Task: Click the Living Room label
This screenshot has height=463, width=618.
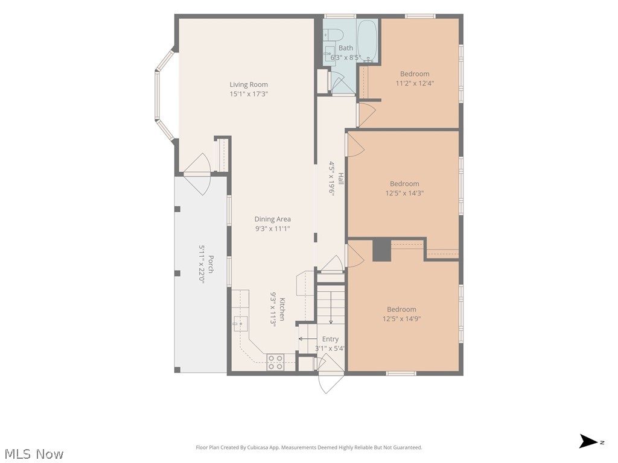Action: (x=249, y=84)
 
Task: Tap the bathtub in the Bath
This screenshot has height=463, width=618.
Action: (x=368, y=40)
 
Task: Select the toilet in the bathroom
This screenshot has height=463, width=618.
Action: (x=333, y=34)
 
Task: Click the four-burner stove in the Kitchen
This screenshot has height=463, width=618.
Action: (x=275, y=362)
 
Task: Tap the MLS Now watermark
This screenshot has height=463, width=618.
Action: (x=34, y=454)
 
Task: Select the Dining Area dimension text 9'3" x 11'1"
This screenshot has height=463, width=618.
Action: (x=272, y=228)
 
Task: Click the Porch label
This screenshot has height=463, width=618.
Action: (x=211, y=265)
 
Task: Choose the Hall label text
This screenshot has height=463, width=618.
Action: (x=341, y=178)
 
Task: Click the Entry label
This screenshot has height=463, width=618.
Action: (x=330, y=339)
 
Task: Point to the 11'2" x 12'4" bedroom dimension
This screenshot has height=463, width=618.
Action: (x=415, y=83)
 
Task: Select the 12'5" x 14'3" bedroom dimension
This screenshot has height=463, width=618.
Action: (x=404, y=193)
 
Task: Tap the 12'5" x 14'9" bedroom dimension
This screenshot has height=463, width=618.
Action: (x=401, y=318)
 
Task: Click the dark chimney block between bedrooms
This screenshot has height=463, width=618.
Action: (x=381, y=250)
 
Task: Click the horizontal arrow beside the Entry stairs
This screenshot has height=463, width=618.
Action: (x=307, y=339)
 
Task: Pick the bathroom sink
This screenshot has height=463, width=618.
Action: (x=329, y=54)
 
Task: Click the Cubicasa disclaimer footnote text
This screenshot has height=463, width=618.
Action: (x=309, y=447)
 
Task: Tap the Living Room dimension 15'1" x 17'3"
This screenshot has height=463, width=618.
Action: (x=249, y=93)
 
